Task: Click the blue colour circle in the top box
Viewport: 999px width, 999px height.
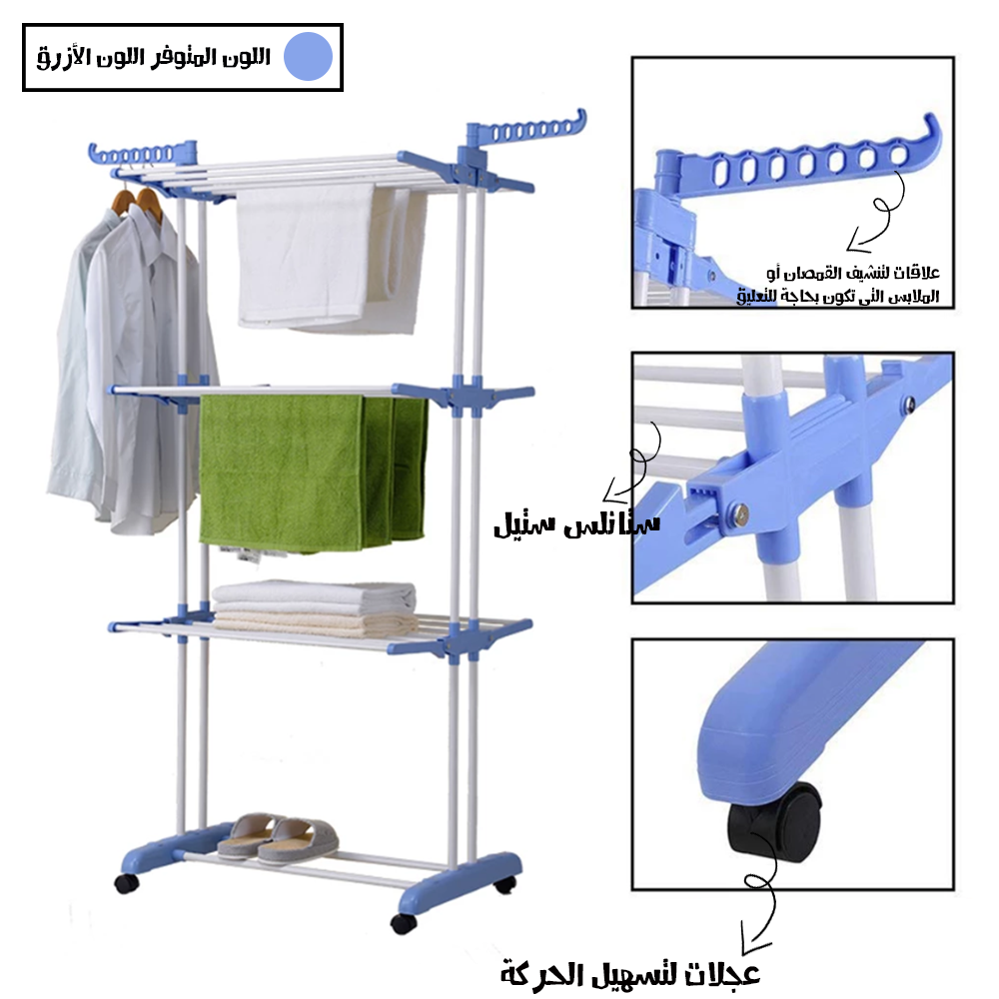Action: pos(308,56)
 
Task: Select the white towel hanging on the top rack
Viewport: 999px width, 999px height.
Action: pos(332,257)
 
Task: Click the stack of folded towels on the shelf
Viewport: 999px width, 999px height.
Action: pos(314,608)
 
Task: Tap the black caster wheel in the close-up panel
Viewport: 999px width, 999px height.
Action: pos(774,822)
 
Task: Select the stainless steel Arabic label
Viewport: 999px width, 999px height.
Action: pos(577,523)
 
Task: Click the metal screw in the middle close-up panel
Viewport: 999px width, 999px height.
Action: pos(739,513)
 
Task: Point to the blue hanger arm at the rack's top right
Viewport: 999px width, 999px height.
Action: pos(525,130)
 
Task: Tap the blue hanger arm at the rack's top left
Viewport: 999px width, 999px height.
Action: pos(142,154)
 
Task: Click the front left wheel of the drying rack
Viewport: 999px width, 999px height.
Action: pos(127,883)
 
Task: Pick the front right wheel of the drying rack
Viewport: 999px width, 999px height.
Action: pos(404,923)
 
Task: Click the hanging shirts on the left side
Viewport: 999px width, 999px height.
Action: pos(131,370)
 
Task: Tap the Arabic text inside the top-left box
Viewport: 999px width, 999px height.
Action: pos(154,57)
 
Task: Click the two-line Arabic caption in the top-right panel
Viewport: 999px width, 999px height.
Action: pos(838,284)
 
